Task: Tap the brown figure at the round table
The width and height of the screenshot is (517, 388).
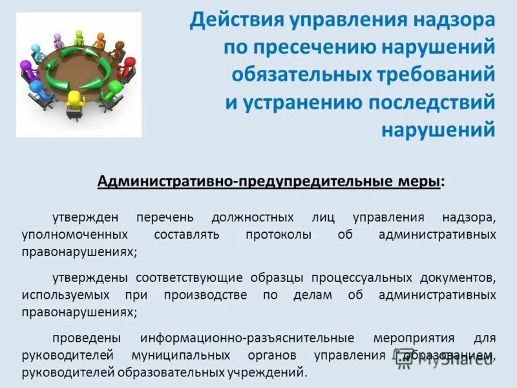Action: pyautogui.click(x=119, y=49)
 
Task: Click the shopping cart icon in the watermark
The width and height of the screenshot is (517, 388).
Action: pyautogui.click(x=406, y=360)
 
